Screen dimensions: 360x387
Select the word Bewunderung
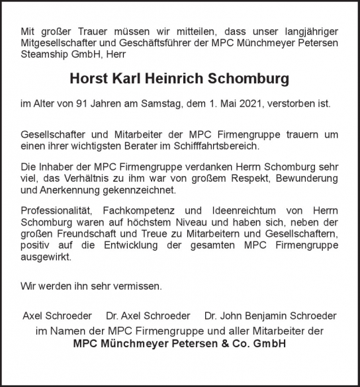305,178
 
